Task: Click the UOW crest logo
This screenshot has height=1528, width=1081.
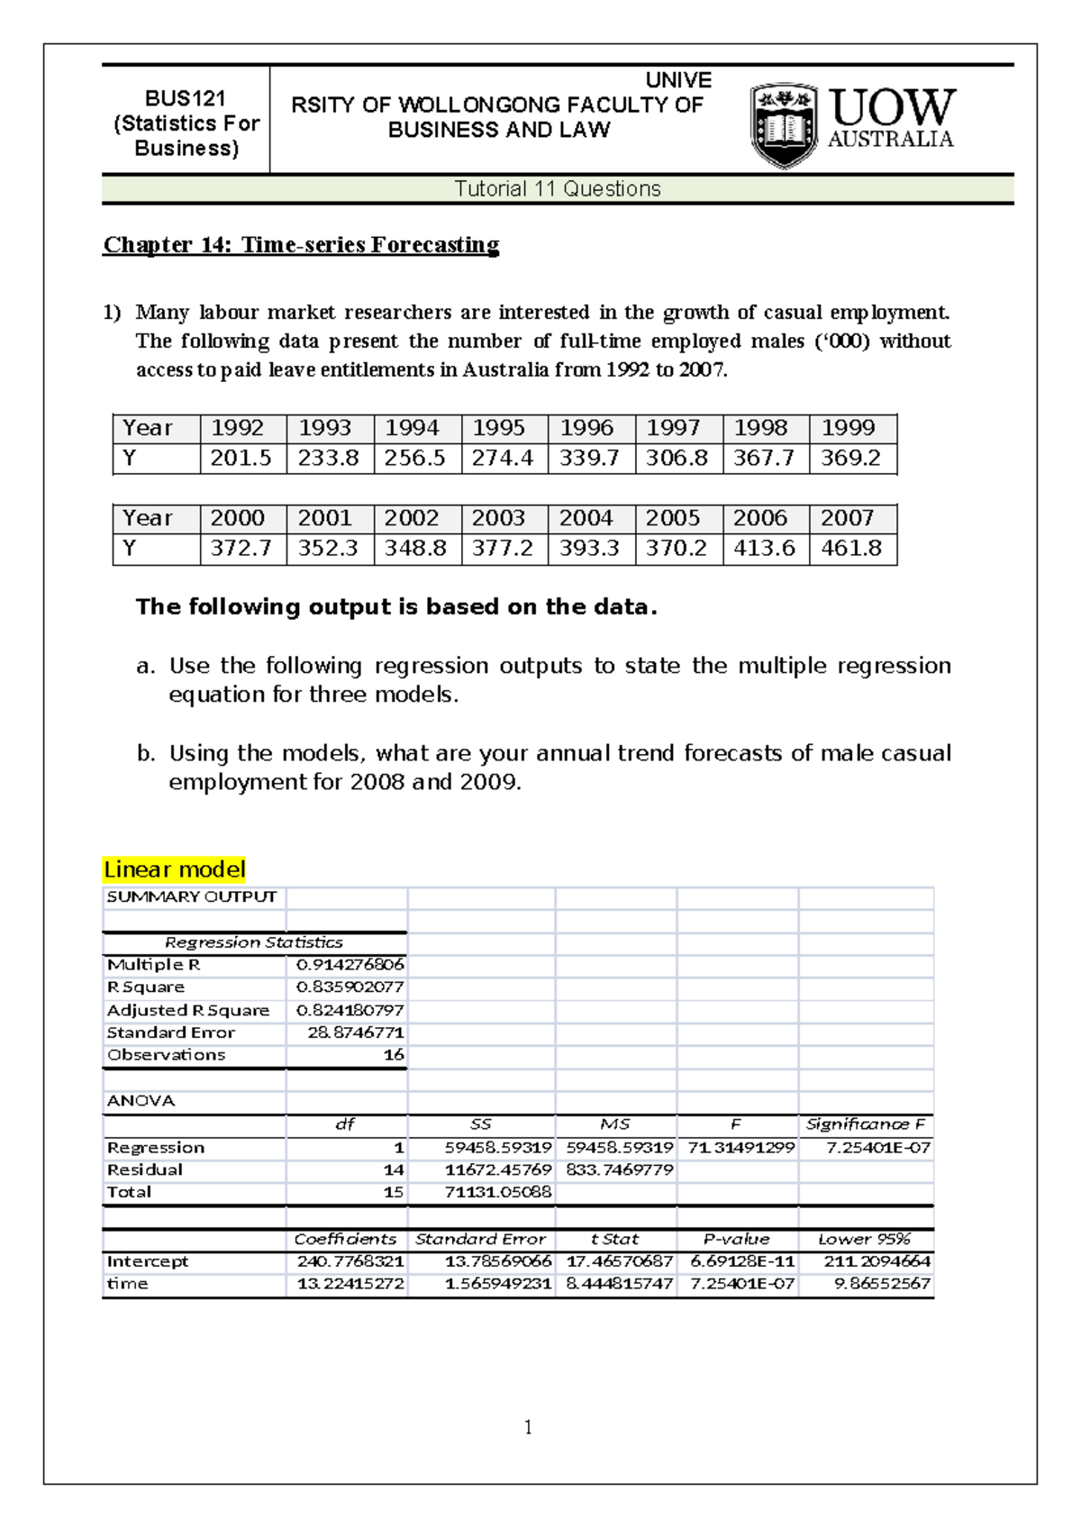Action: click(x=785, y=126)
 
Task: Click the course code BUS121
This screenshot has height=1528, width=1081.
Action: click(x=186, y=98)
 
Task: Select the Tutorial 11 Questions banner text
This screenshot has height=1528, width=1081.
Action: click(x=558, y=189)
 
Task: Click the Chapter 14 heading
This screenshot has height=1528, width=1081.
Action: click(x=301, y=245)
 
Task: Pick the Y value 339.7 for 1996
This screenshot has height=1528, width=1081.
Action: click(x=589, y=459)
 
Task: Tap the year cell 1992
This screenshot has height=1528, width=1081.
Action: click(x=237, y=428)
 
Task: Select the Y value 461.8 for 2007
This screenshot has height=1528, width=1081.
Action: click(x=851, y=549)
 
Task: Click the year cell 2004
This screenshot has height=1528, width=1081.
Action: click(x=586, y=518)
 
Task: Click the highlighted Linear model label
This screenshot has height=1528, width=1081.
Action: click(x=174, y=869)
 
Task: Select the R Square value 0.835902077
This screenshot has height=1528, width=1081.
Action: click(x=350, y=987)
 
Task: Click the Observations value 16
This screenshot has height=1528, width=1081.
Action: click(x=394, y=1055)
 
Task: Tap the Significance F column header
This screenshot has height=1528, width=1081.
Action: click(x=865, y=1124)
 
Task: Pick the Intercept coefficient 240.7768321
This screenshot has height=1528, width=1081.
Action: click(x=350, y=1261)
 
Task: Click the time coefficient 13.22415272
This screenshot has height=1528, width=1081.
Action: click(x=350, y=1284)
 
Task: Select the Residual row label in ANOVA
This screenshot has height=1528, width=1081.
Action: click(x=145, y=1170)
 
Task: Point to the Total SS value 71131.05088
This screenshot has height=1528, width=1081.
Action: click(x=498, y=1193)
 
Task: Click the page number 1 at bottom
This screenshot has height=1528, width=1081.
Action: click(x=528, y=1427)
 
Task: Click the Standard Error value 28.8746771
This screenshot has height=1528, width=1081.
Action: click(x=356, y=1032)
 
